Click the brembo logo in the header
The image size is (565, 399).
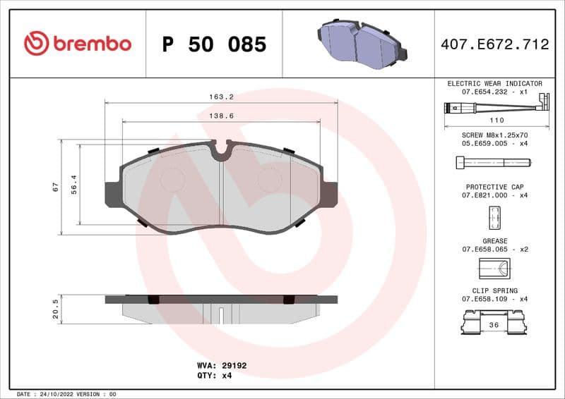click(78, 44)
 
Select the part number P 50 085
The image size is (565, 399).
click(214, 44)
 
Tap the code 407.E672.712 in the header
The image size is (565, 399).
click(494, 44)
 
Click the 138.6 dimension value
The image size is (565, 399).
click(222, 114)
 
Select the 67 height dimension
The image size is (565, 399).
click(55, 187)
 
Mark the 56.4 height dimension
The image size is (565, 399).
click(73, 185)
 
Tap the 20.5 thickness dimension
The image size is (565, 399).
click(55, 308)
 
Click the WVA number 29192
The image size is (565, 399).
click(235, 366)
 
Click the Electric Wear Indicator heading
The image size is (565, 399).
click(494, 83)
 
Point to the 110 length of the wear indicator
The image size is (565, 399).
click(496, 121)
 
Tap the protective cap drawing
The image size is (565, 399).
click(494, 219)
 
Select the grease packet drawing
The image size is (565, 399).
click(494, 269)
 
